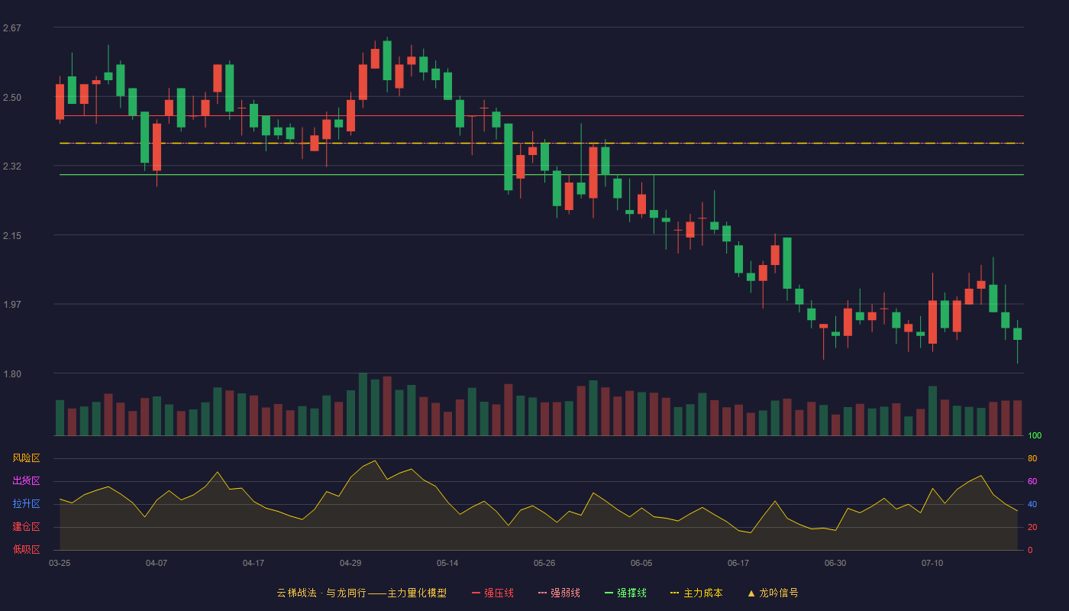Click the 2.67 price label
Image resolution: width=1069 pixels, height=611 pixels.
point(12,28)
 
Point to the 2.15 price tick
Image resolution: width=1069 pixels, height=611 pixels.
point(12,236)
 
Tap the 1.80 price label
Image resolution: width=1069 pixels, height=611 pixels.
point(12,374)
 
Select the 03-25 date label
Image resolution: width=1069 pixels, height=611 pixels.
point(60,564)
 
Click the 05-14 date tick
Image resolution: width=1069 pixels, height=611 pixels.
point(447,564)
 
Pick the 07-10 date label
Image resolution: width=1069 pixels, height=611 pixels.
point(932,564)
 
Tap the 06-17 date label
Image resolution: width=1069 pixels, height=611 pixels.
point(738,564)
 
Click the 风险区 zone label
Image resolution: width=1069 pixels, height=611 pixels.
point(26,458)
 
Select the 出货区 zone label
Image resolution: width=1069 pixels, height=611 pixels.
point(26,480)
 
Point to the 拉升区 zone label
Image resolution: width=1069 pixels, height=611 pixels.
point(26,503)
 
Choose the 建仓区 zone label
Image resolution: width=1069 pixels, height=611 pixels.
point(26,526)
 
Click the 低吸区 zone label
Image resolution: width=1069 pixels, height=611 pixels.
point(26,549)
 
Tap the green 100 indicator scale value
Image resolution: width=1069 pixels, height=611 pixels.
point(1035,435)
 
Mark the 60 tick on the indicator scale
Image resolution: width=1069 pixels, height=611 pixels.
point(1032,481)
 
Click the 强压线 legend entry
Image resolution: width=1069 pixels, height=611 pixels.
point(493,593)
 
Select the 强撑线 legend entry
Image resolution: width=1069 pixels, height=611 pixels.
point(625,593)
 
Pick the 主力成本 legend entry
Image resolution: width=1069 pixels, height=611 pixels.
point(696,593)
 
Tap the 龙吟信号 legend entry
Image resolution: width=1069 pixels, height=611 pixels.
point(773,593)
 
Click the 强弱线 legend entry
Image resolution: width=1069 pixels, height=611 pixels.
point(559,593)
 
